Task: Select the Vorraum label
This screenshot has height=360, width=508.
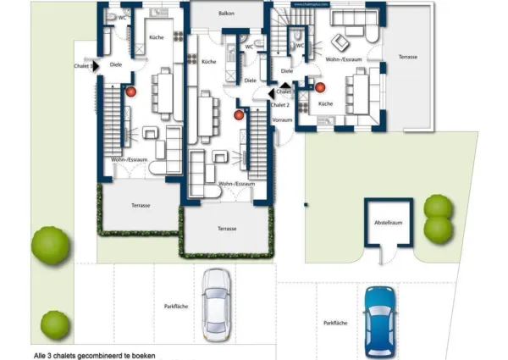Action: (x=283, y=120)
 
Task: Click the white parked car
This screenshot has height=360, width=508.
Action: (x=217, y=301)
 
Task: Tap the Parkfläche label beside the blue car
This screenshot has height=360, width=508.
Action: (x=334, y=323)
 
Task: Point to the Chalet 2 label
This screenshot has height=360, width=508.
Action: (x=280, y=104)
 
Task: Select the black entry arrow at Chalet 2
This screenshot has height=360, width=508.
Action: (x=271, y=94)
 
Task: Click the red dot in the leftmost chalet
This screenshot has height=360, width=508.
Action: (x=131, y=90)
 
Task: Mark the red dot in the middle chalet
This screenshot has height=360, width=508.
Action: (x=239, y=114)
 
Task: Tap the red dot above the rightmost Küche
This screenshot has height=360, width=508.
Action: (x=320, y=86)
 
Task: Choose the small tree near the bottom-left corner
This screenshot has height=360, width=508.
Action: (x=55, y=324)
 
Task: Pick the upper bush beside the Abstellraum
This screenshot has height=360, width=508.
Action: (x=438, y=206)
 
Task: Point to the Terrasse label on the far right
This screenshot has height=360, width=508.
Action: (x=406, y=56)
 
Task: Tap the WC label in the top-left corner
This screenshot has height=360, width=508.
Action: (x=123, y=17)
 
